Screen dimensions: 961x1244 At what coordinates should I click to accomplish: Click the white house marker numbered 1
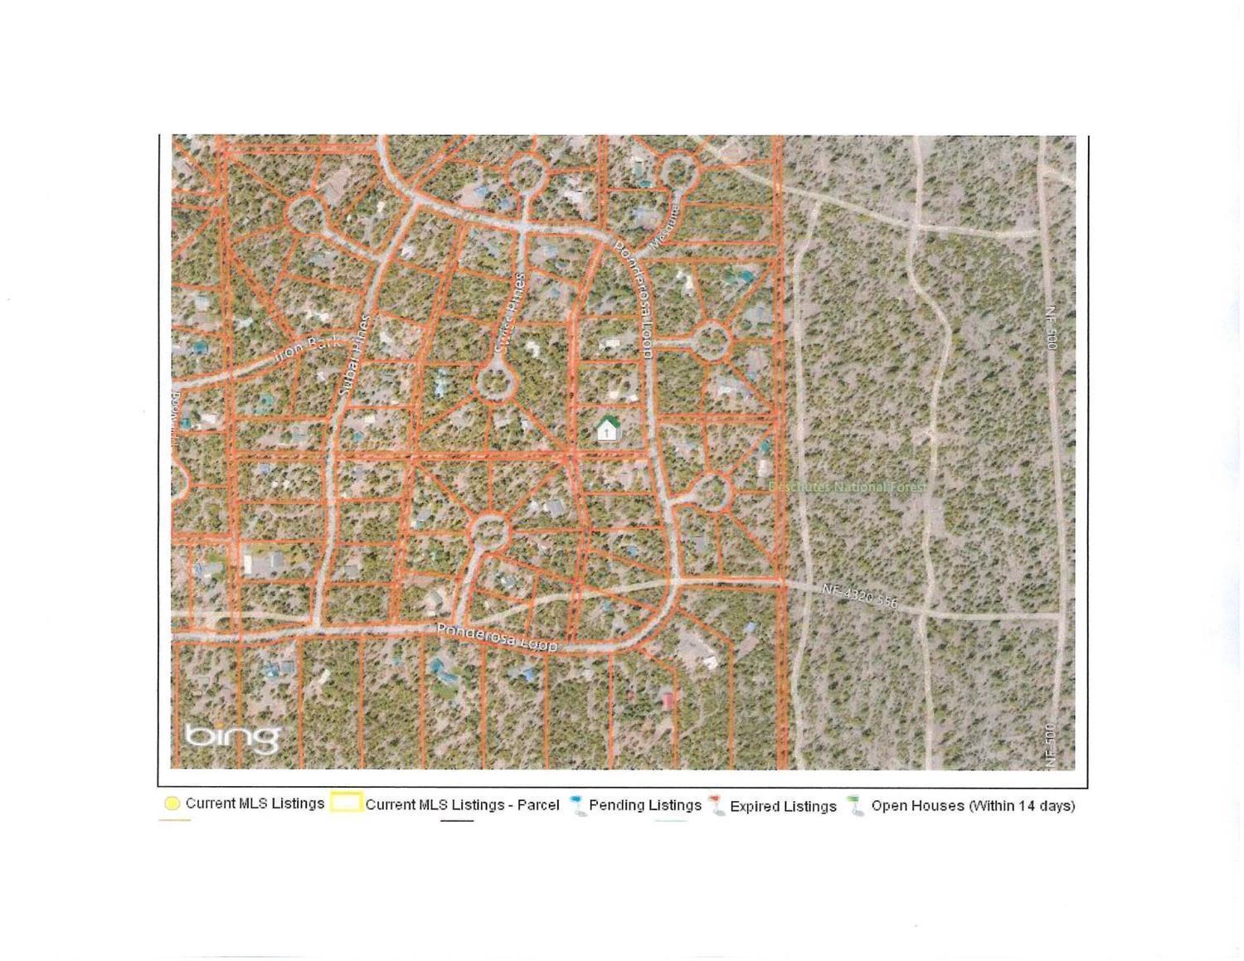(608, 430)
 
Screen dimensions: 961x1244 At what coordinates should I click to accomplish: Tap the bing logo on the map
(231, 736)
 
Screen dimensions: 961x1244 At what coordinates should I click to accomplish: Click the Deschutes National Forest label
(846, 487)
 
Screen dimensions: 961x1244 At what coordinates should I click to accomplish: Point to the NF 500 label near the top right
(1051, 328)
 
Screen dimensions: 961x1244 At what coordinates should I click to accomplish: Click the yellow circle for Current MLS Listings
(173, 803)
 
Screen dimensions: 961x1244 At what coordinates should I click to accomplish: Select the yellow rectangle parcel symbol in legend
(346, 803)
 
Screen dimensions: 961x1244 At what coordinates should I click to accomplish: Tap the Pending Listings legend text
(645, 805)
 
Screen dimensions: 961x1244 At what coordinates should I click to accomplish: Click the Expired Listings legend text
(783, 806)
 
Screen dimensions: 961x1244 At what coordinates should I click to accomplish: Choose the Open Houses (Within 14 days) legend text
(973, 805)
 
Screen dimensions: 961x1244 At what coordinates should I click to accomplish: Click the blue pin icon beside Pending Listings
(577, 806)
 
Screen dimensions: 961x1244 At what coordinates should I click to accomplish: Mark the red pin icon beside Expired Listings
(717, 806)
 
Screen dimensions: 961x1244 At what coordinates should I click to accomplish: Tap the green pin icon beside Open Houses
(856, 806)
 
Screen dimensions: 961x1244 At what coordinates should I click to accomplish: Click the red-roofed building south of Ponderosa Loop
(668, 701)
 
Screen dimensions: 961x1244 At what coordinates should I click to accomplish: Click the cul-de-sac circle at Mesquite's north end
(677, 171)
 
